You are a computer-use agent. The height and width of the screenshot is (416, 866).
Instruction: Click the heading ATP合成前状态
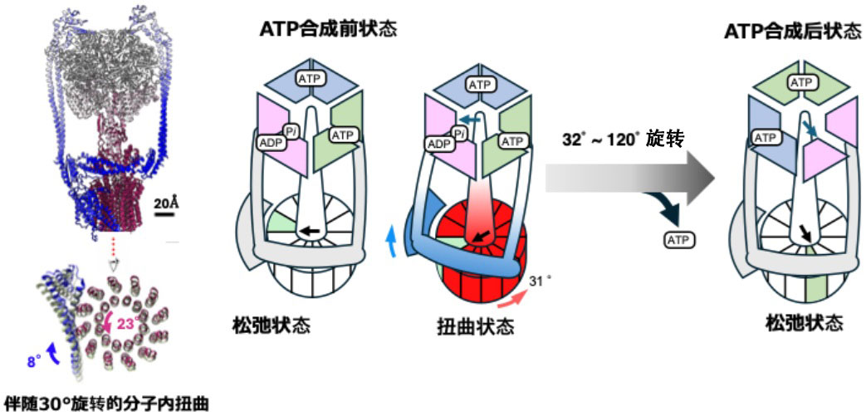pos(327,29)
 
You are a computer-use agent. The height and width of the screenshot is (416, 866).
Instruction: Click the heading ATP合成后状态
pos(793,32)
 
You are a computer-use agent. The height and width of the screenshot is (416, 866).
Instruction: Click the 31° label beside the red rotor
pos(539,281)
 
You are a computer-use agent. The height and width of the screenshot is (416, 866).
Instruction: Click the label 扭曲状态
pos(475,325)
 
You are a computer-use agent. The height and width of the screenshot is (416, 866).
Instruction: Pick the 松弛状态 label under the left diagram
pos(272,324)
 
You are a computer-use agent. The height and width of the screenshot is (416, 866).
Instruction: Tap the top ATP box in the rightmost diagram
pos(800,82)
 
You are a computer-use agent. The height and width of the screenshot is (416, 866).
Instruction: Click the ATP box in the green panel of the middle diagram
pos(512,142)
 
